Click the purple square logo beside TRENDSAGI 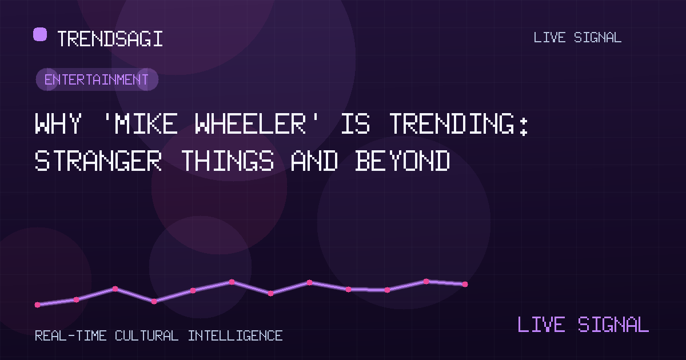[40, 34]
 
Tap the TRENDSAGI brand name [110, 39]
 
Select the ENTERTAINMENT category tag [97, 79]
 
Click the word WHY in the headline [58, 123]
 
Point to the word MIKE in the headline [146, 123]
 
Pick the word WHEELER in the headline [250, 123]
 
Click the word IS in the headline [355, 123]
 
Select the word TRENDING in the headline [452, 123]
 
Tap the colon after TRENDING [524, 126]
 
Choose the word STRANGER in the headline [98, 161]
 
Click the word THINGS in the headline [228, 161]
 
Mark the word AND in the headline [314, 161]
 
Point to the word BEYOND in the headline [402, 161]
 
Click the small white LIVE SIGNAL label [577, 38]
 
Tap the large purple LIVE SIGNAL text [583, 324]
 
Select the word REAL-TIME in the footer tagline [71, 335]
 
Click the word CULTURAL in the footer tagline [147, 335]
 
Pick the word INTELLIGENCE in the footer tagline [235, 335]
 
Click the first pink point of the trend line [37, 305]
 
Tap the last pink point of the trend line [465, 285]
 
